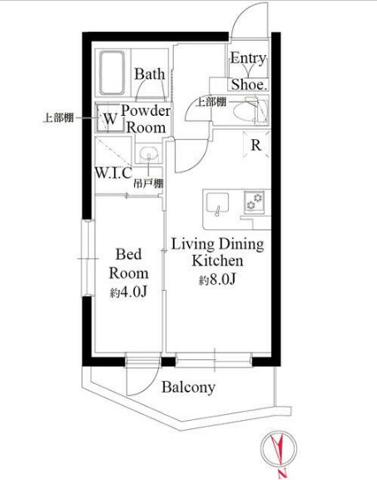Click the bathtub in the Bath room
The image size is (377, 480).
(x=112, y=72)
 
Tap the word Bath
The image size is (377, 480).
(x=150, y=74)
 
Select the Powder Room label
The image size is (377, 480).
(x=146, y=119)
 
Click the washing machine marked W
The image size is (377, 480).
(x=107, y=118)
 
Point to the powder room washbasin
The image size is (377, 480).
(x=149, y=154)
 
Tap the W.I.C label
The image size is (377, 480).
(x=113, y=173)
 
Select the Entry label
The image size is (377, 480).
(x=248, y=57)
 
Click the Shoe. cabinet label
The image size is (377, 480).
(x=249, y=84)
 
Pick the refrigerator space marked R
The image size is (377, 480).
(x=256, y=144)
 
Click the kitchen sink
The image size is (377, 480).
(x=217, y=203)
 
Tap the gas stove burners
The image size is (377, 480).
(x=255, y=202)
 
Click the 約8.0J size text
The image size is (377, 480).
(x=218, y=279)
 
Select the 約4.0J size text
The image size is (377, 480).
(x=129, y=292)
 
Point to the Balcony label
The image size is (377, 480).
(x=188, y=387)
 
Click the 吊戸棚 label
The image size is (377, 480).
(x=148, y=183)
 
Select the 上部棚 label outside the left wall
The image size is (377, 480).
(x=58, y=117)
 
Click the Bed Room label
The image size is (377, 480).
(x=129, y=264)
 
